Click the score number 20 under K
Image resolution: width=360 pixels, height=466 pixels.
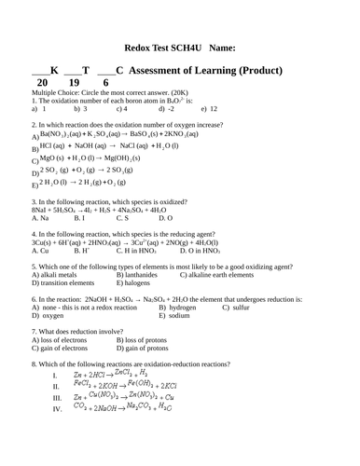[x=43, y=83]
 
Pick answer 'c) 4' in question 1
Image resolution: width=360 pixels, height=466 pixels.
[x=121, y=109]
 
